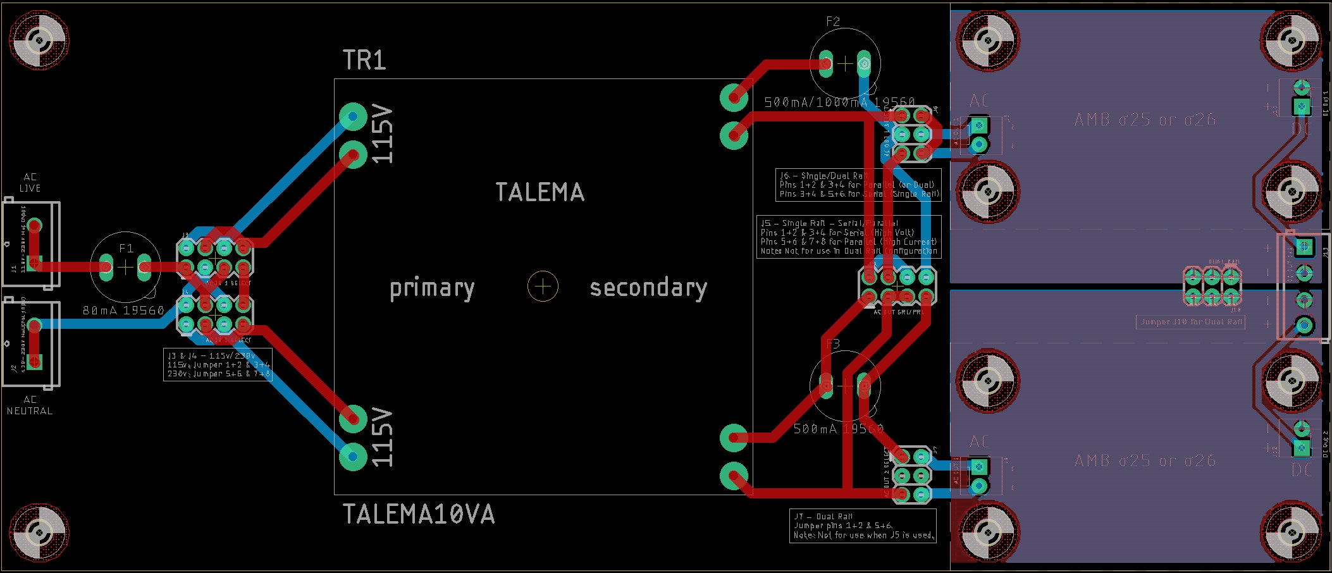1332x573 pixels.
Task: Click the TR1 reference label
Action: pyautogui.click(x=364, y=60)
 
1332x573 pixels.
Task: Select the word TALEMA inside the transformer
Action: pyautogui.click(x=540, y=192)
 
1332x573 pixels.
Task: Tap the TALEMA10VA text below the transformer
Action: pyautogui.click(x=418, y=514)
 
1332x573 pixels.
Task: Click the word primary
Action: pyautogui.click(x=432, y=288)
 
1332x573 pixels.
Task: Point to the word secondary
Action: pyautogui.click(x=648, y=288)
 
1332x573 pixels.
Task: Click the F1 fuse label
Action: pyautogui.click(x=126, y=249)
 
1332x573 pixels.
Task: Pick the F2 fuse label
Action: pyautogui.click(x=833, y=22)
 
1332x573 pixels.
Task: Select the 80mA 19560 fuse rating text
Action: pyautogui.click(x=123, y=311)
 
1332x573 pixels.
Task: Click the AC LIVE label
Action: pyautogui.click(x=30, y=183)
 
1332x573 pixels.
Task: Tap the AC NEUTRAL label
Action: pyautogui.click(x=30, y=405)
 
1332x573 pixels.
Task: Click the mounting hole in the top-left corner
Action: pyautogui.click(x=39, y=40)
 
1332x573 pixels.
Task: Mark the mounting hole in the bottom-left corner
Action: pyautogui.click(x=39, y=533)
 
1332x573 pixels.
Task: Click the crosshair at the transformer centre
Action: pyautogui.click(x=543, y=286)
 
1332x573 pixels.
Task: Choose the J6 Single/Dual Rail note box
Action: pyautogui.click(x=858, y=185)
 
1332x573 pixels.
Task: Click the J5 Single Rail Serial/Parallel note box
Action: pyautogui.click(x=849, y=237)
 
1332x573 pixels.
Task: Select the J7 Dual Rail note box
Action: pyautogui.click(x=863, y=526)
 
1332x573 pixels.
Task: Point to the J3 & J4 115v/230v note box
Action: pyautogui.click(x=218, y=365)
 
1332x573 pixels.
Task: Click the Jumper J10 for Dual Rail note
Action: pyautogui.click(x=1190, y=322)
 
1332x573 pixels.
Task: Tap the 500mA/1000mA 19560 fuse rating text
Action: pyautogui.click(x=839, y=102)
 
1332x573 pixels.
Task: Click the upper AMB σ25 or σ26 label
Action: pyautogui.click(x=1145, y=120)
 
